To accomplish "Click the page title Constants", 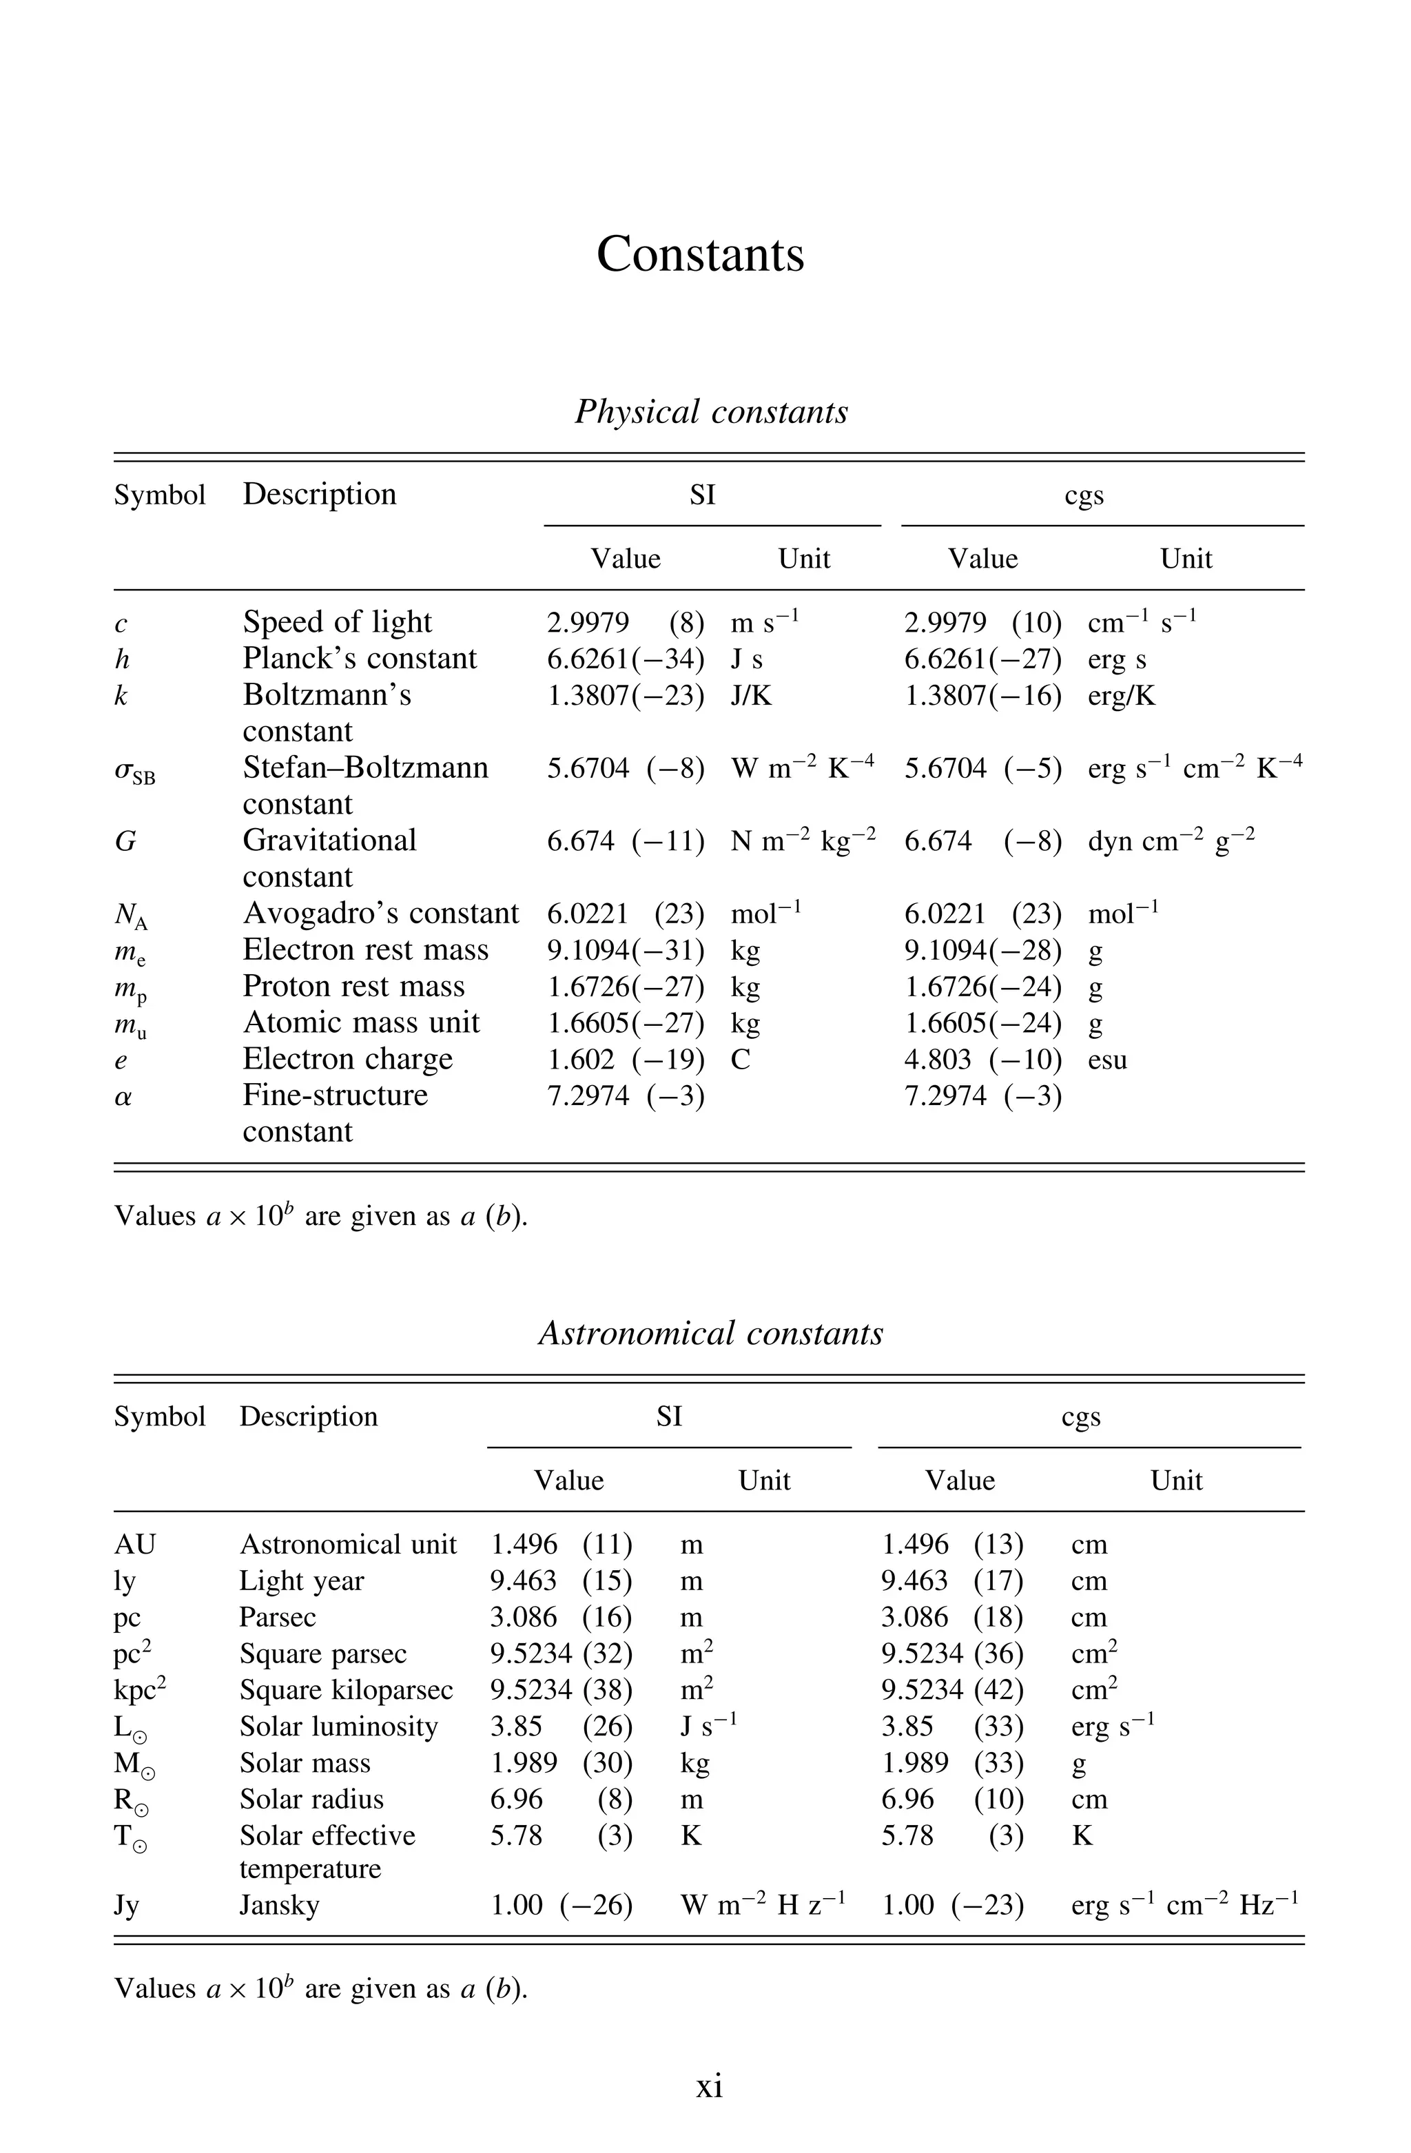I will point(700,254).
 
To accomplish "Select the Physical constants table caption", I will point(711,411).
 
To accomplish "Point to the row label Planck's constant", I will point(359,659).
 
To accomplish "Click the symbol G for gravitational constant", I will point(125,841).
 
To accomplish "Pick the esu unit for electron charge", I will point(1107,1060).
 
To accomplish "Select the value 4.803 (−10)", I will point(982,1060).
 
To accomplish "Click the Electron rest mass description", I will point(365,950).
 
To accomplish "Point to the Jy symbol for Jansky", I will point(127,1905).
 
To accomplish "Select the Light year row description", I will point(301,1580).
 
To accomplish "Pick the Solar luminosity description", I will point(338,1726).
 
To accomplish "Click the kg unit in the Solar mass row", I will point(694,1763).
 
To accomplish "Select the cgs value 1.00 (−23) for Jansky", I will point(951,1905).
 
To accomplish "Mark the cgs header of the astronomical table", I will point(1081,1417).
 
